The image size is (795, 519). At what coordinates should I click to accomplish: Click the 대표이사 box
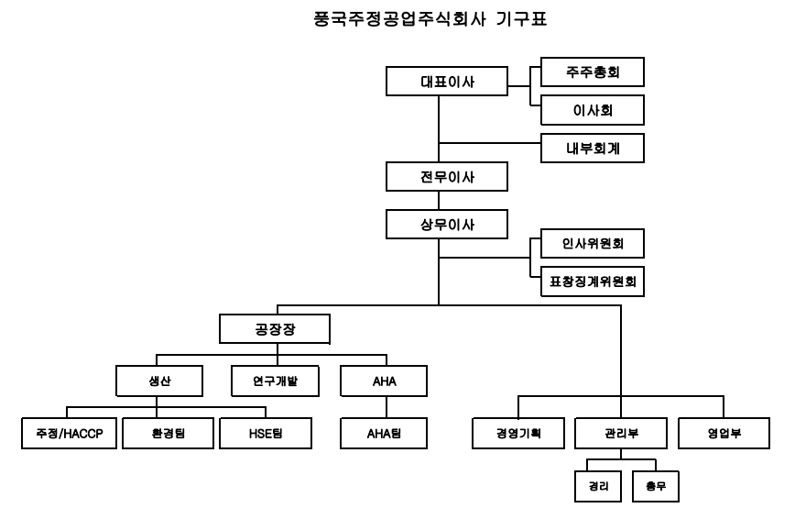click(445, 81)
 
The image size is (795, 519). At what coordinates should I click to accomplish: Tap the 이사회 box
click(593, 109)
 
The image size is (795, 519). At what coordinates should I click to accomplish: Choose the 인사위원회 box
click(593, 243)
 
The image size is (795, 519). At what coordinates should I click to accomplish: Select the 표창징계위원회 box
click(593, 282)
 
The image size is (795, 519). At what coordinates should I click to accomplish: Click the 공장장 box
click(274, 328)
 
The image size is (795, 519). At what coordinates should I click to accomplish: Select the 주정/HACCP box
click(70, 433)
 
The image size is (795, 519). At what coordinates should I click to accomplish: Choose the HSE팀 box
click(267, 433)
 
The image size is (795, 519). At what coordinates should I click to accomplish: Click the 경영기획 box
click(518, 433)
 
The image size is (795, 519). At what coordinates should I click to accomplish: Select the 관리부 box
click(621, 433)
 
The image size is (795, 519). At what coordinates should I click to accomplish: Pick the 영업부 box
click(724, 433)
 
